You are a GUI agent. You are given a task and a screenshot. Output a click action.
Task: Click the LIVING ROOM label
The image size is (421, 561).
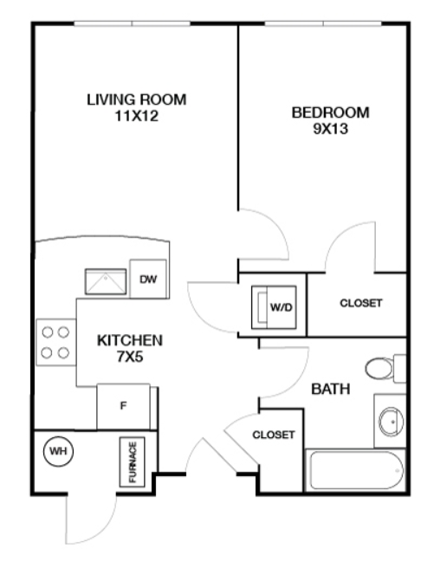click(136, 100)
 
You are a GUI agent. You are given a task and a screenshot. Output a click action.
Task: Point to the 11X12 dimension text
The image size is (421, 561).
click(136, 116)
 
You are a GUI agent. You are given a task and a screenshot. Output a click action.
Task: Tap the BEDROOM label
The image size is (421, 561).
click(330, 113)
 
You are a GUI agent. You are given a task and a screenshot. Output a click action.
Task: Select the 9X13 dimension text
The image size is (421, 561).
click(330, 129)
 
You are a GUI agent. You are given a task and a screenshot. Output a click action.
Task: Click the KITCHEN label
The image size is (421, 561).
click(130, 340)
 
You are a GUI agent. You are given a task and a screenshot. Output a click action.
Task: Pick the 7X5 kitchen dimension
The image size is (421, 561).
click(130, 357)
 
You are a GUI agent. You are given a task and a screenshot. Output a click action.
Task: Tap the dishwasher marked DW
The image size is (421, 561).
click(148, 279)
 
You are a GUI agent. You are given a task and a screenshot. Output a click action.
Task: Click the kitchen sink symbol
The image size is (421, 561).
click(106, 281)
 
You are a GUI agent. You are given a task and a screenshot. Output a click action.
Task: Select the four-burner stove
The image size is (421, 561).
click(56, 342)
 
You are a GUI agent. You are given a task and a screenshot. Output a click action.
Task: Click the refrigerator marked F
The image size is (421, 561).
click(124, 407)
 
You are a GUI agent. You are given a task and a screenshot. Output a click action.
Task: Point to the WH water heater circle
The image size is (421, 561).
click(58, 451)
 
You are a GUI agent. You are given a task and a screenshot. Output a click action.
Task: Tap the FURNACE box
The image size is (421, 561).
click(132, 462)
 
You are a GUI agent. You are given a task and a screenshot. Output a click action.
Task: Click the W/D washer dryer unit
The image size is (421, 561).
click(274, 307)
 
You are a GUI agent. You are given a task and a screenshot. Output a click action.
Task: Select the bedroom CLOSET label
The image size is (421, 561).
click(361, 303)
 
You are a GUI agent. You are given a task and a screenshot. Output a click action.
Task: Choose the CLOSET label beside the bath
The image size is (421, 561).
click(274, 435)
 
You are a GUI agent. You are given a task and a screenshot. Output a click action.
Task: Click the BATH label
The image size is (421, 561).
click(330, 389)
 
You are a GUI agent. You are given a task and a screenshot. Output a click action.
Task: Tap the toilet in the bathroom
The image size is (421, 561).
click(385, 368)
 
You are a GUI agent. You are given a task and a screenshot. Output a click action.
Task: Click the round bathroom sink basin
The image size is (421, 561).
click(391, 422)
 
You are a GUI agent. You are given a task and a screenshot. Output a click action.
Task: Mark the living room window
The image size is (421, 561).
click(132, 23)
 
